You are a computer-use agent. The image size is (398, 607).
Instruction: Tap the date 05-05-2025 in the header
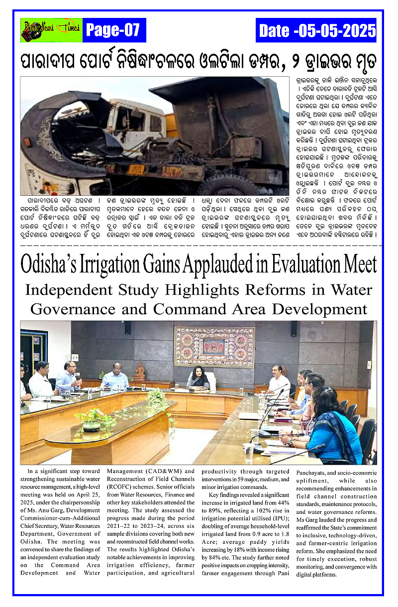pyautogui.click(x=317, y=31)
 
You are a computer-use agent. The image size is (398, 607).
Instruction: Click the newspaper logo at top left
pyautogui.click(x=51, y=30)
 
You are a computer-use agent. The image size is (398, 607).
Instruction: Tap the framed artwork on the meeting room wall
pyautogui.click(x=214, y=347)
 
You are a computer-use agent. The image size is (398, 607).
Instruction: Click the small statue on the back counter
pyautogui.click(x=140, y=371)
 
